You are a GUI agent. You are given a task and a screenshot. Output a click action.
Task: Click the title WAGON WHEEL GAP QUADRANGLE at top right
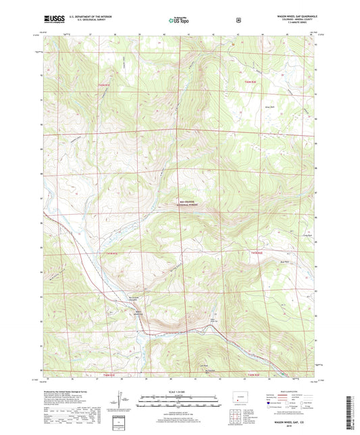click(x=291, y=14)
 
